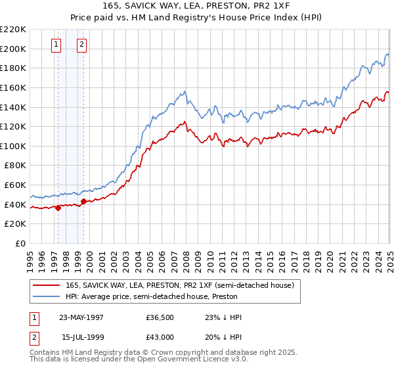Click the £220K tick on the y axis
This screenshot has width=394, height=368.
13,30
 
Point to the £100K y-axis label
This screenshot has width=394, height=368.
13,146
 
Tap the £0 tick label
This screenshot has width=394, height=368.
20,244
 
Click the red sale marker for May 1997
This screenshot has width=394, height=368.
58,208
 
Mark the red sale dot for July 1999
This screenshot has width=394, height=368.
83,202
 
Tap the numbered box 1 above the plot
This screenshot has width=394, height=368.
56,45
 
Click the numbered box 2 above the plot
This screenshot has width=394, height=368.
81,45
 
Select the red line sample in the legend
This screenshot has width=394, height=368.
47,285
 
